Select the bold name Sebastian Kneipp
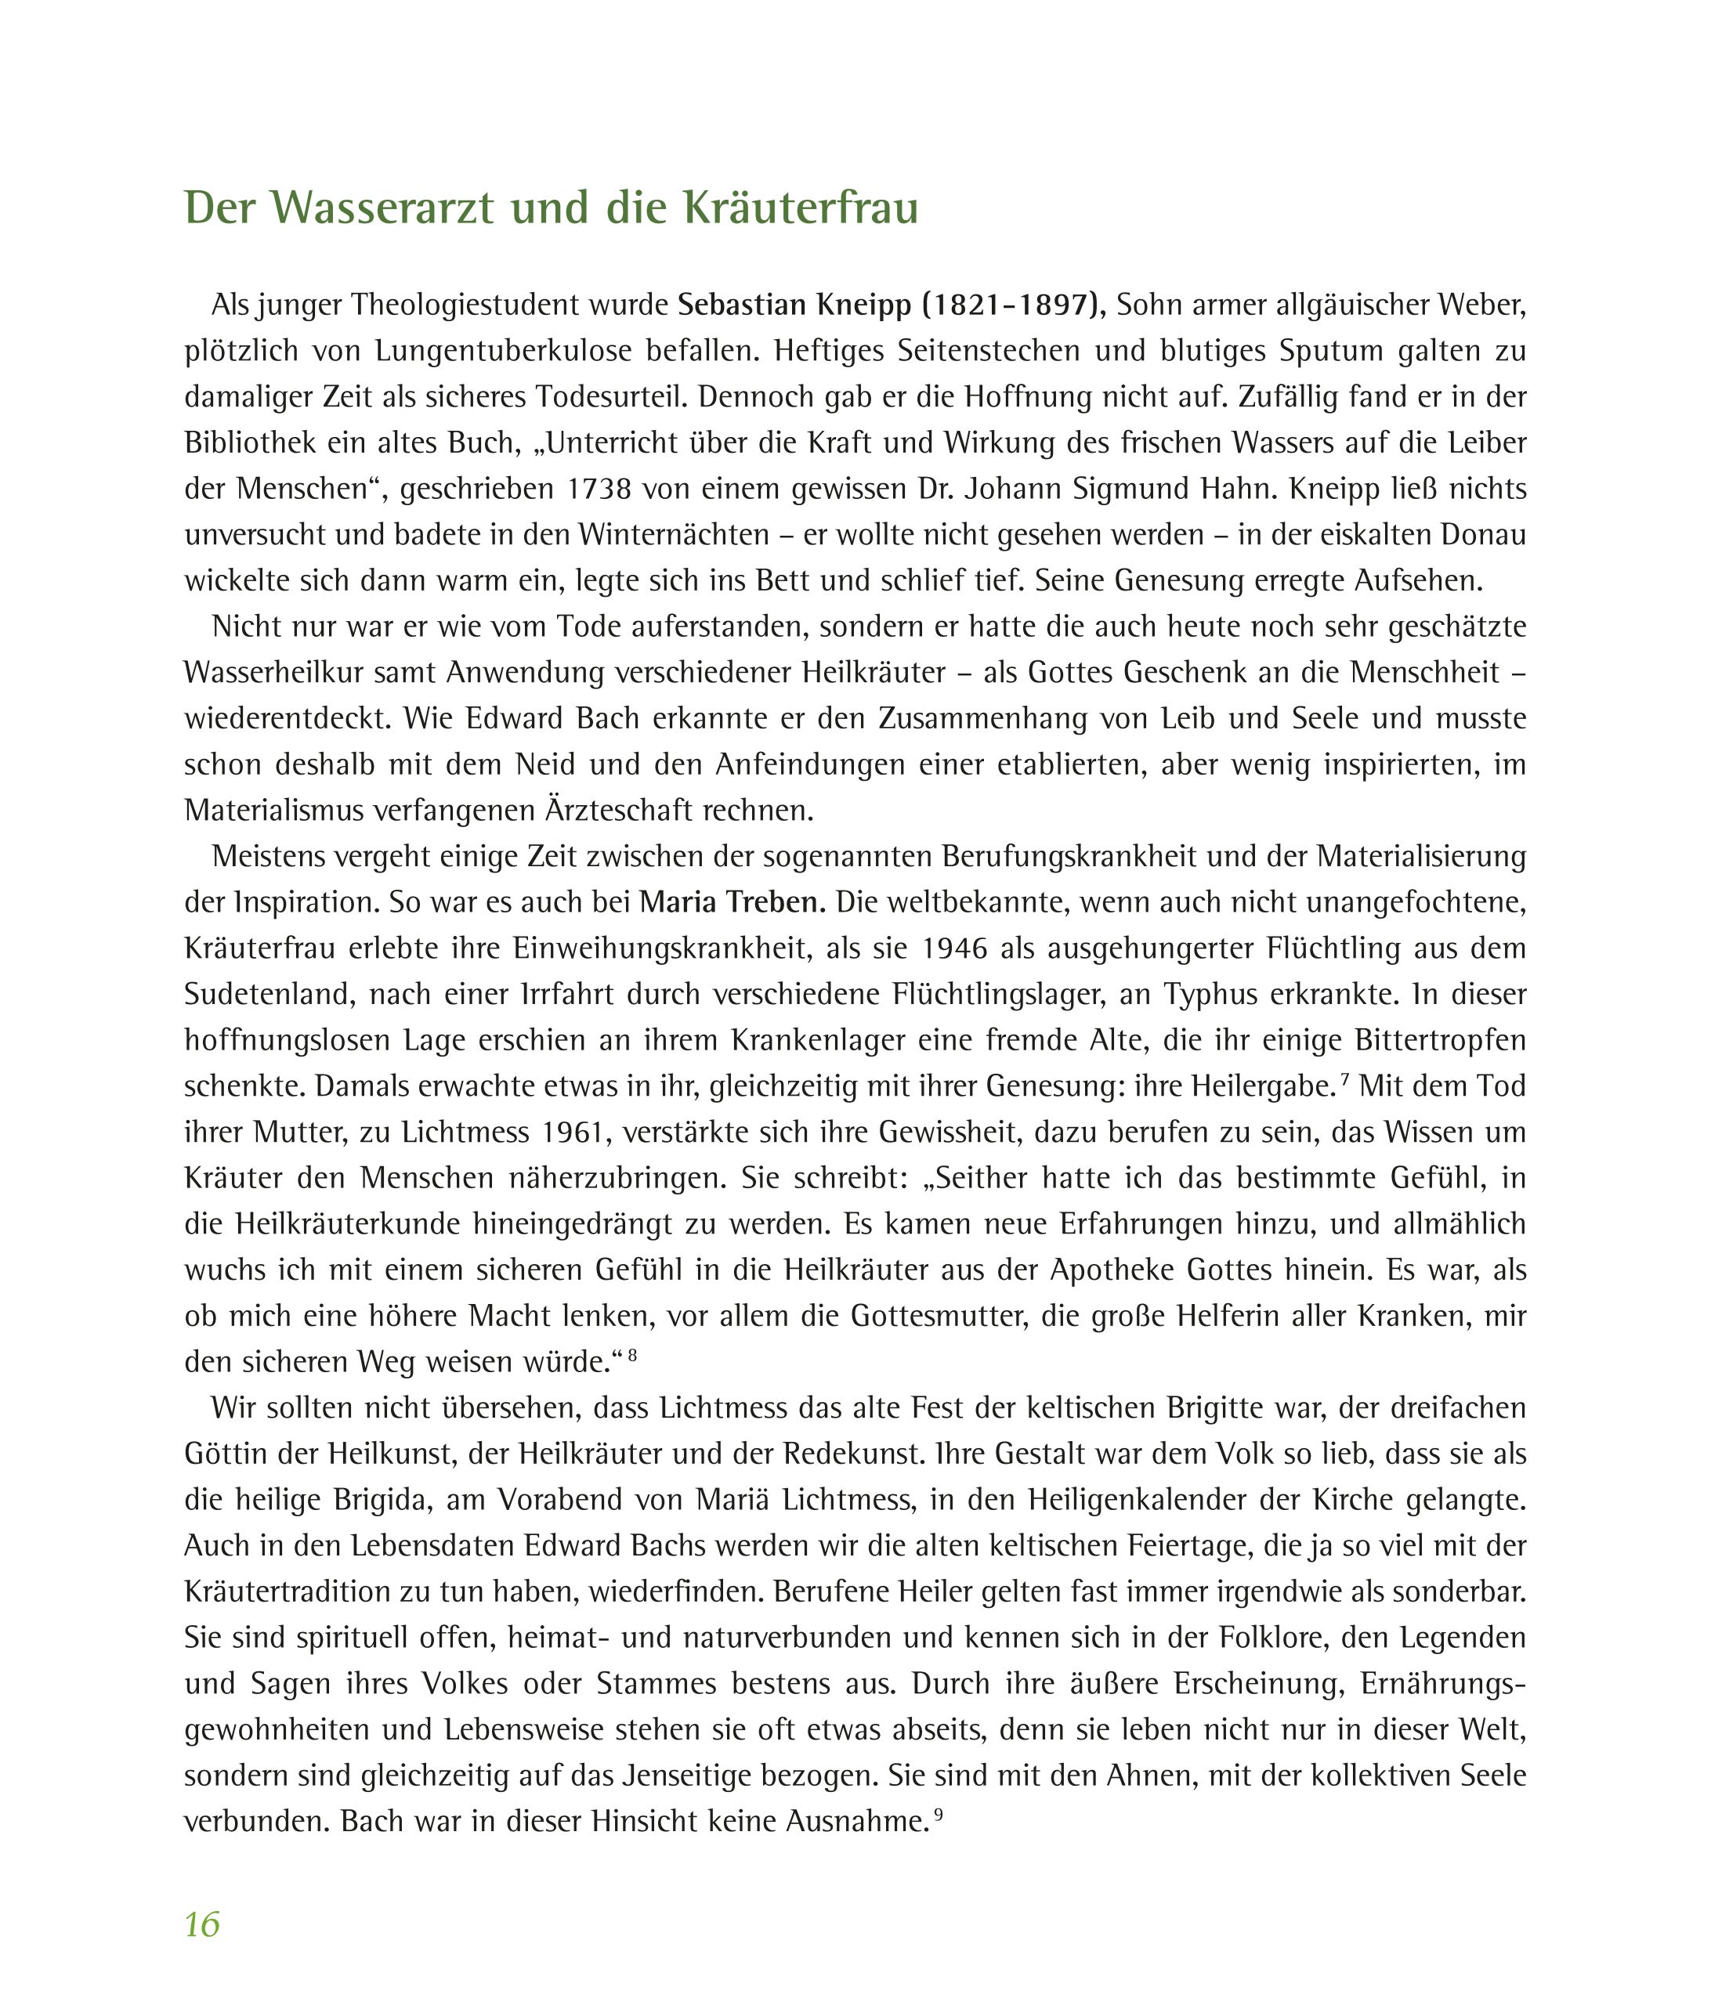tap(794, 305)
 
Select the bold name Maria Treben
tap(733, 903)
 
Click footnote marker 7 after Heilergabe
tap(1344, 1078)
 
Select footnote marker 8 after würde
tap(632, 1353)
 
